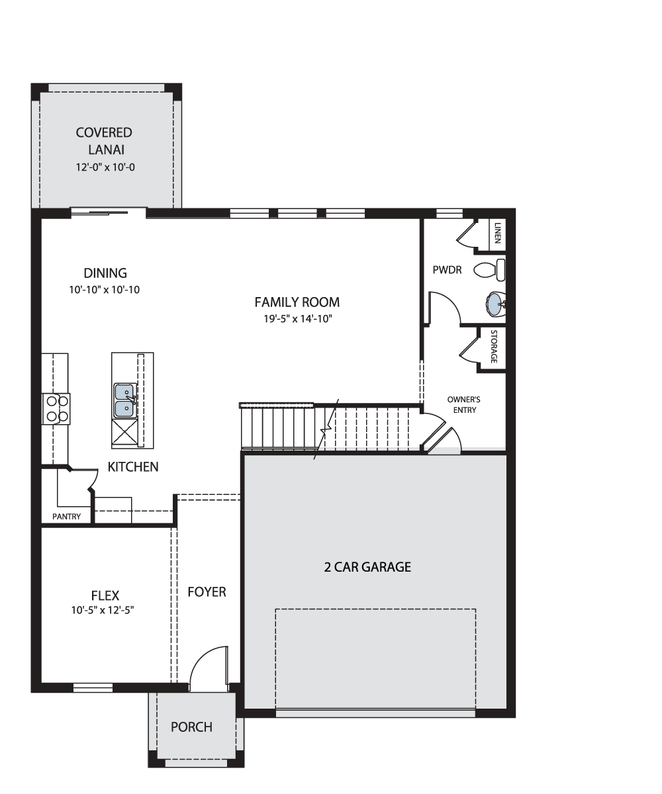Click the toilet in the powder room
coord(489,269)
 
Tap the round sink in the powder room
coord(495,304)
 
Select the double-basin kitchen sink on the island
coord(125,400)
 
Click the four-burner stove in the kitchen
coord(56,408)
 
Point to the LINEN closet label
coord(497,233)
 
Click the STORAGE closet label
coord(493,346)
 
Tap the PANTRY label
coord(67,516)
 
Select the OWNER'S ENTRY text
coord(464,404)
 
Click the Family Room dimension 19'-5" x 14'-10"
coord(298,319)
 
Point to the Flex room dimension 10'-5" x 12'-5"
coord(103,610)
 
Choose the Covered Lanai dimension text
coord(105,167)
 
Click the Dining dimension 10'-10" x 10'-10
coord(104,290)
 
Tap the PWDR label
coord(447,270)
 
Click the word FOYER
coord(207,592)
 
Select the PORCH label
coord(191,727)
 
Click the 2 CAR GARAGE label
coord(367,566)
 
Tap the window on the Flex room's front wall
coord(93,687)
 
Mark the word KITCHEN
coord(133,466)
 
